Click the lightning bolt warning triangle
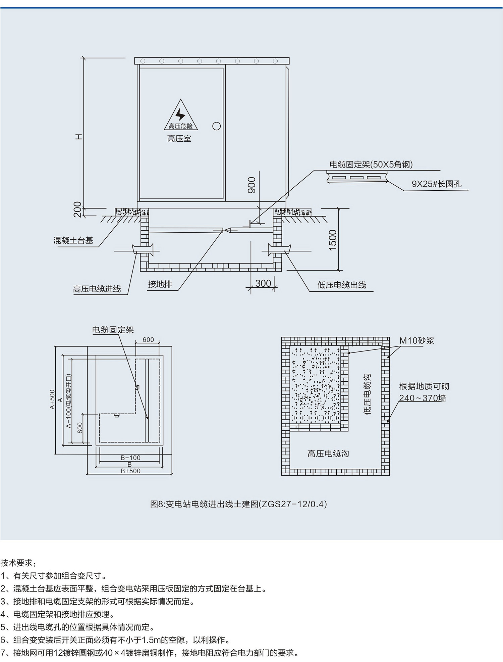(181, 116)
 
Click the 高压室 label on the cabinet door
(179, 139)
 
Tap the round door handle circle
(217, 126)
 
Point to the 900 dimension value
(251, 185)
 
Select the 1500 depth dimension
(332, 240)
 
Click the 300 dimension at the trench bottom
(263, 283)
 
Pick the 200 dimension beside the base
(77, 209)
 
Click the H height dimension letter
(78, 137)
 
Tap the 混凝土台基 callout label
(73, 240)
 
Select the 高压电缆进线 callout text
(97, 289)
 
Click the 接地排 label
(160, 284)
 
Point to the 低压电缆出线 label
(341, 285)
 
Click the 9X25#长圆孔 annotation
(436, 184)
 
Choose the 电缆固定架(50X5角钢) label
(371, 164)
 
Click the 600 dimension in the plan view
(148, 340)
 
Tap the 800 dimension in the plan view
(80, 428)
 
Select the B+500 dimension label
(130, 471)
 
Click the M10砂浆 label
(416, 341)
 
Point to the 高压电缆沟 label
(328, 454)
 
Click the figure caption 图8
(238, 504)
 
